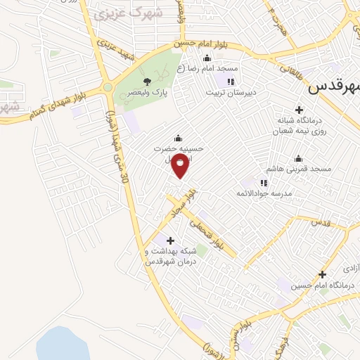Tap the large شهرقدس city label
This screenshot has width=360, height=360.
[x=334, y=87]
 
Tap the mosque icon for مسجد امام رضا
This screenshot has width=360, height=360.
[x=206, y=58]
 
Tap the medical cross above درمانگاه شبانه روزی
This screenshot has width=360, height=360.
[x=299, y=110]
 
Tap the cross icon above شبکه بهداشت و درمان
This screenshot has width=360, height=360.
[x=169, y=241]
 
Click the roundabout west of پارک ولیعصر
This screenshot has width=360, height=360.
[x=108, y=88]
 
